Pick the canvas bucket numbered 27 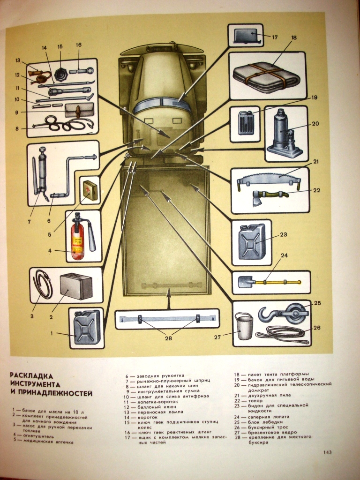(x=244, y=326)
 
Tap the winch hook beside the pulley (x=268, y=314)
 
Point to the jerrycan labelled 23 (x=252, y=241)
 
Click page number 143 (x=327, y=452)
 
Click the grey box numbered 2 (x=75, y=286)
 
